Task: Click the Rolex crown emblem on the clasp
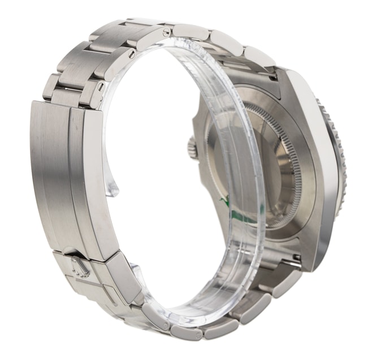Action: [79, 265]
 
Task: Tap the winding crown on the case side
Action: [193, 148]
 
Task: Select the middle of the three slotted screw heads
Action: [132, 55]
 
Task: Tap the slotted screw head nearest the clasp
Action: [101, 88]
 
